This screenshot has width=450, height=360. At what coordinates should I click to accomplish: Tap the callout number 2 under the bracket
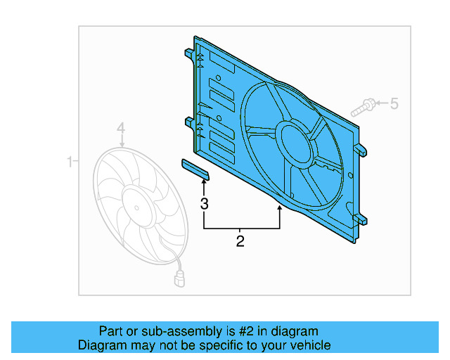240,242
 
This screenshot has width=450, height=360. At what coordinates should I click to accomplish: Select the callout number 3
205,205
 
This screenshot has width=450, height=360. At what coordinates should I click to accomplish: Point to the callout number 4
121,128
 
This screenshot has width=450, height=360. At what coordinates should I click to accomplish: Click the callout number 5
394,104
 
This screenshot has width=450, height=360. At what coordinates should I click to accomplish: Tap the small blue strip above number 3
195,168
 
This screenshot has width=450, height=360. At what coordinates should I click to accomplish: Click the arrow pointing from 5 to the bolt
381,104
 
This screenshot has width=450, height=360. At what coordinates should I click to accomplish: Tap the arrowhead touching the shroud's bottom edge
280,209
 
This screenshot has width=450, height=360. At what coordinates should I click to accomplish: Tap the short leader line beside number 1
77,162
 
